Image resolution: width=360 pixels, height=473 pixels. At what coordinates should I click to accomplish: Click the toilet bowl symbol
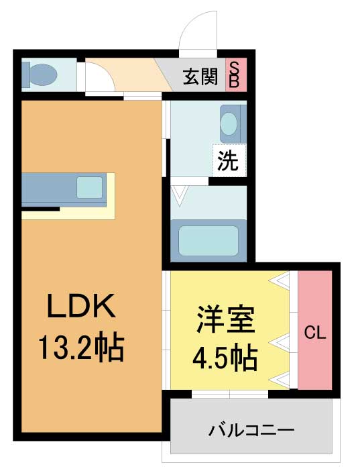point(44,74)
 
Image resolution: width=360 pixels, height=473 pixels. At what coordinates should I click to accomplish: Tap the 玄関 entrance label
point(200,76)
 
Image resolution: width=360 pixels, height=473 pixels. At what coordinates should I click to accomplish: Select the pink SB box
point(236,74)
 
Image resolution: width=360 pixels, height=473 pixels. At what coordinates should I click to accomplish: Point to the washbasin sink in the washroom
point(229,123)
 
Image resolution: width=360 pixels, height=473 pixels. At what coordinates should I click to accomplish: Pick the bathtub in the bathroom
point(208,241)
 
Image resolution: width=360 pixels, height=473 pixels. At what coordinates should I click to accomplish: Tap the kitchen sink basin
point(90,187)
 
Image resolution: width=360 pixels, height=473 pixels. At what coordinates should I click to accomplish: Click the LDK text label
point(82,305)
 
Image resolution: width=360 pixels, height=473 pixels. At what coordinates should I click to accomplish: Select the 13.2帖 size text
point(81,348)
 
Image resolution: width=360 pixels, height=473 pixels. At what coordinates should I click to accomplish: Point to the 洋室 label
point(225,319)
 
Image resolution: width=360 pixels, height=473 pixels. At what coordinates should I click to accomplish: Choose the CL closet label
point(315,333)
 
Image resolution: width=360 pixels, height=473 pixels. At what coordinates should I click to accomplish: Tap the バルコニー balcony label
point(251,430)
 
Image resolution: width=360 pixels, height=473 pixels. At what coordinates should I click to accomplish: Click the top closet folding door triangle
point(279,279)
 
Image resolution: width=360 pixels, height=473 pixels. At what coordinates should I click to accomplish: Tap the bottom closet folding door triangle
point(279,380)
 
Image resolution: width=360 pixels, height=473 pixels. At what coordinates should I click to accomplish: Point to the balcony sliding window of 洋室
point(230,395)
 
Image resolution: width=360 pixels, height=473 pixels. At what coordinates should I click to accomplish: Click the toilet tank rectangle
point(26,74)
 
